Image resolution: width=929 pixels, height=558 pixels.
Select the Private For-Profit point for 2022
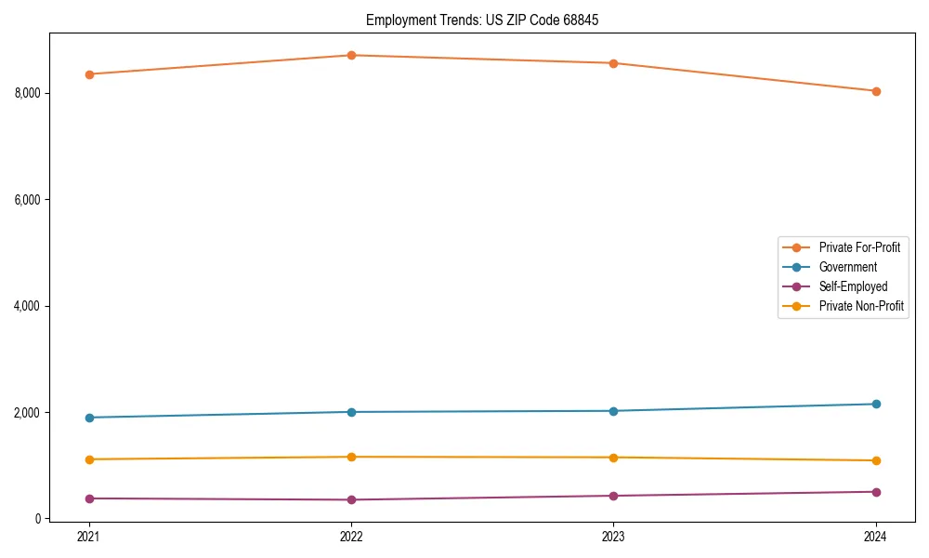pos(351,55)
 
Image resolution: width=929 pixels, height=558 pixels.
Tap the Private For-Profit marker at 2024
pos(876,91)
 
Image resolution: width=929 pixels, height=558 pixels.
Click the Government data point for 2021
pos(89,418)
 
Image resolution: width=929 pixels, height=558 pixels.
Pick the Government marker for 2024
pos(876,404)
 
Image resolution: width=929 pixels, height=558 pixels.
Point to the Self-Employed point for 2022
pos(351,499)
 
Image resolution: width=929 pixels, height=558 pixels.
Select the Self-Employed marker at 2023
pos(613,496)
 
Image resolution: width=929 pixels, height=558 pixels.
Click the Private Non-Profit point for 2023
pos(613,458)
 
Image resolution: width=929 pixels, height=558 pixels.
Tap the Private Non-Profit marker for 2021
pos(89,459)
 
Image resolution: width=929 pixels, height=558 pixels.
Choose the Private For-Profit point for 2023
pos(613,63)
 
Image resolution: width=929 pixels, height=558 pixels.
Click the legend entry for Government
pos(847,267)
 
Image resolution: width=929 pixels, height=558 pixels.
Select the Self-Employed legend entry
pos(853,286)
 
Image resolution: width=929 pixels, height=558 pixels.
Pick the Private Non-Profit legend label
pos(861,306)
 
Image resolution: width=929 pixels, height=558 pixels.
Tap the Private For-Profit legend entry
pos(859,247)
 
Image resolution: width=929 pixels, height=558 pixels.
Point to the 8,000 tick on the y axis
pos(28,93)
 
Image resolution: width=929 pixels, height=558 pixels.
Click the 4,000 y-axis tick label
pos(28,306)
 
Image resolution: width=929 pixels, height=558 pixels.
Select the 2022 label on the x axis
pos(351,536)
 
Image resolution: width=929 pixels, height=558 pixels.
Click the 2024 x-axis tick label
pos(876,536)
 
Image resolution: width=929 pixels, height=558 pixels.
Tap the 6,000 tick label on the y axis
pos(28,200)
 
